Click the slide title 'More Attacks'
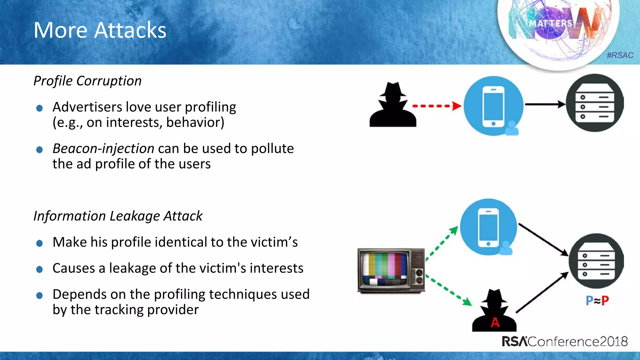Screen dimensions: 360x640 100,30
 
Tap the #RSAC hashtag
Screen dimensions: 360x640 620,55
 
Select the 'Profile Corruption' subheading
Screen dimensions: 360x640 87,81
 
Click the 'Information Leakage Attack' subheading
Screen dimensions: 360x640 118,216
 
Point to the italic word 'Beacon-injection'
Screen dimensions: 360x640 103,148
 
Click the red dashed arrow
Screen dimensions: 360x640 437,106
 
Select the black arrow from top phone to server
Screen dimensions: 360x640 545,104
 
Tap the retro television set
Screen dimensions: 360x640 391,271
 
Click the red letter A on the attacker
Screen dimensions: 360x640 495,322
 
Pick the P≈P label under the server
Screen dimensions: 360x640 597,301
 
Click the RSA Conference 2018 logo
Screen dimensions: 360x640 565,341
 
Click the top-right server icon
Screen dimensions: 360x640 594,103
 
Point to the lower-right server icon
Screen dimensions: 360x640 596,261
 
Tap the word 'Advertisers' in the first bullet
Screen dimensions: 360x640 87,107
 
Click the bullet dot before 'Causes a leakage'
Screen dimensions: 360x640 39,269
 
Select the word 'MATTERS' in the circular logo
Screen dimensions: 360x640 551,23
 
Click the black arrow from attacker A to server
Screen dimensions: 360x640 542,292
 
